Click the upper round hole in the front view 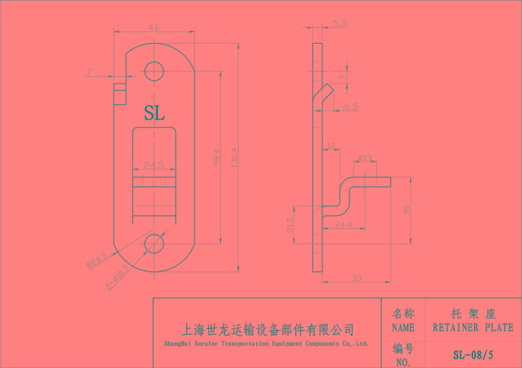(x=154, y=71)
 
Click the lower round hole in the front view (x=154, y=243)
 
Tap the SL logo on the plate (x=154, y=113)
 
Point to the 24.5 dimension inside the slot (x=154, y=165)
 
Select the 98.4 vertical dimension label (x=217, y=157)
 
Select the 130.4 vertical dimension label (x=234, y=157)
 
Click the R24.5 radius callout (x=97, y=260)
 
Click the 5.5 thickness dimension (x=339, y=23)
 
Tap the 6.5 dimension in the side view (x=351, y=107)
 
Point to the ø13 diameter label (x=365, y=157)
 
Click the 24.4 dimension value (x=343, y=225)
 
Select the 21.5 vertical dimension (x=291, y=225)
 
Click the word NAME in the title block (x=403, y=328)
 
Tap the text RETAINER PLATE (x=473, y=328)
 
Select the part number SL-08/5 (x=473, y=355)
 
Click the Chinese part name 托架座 (x=473, y=314)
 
